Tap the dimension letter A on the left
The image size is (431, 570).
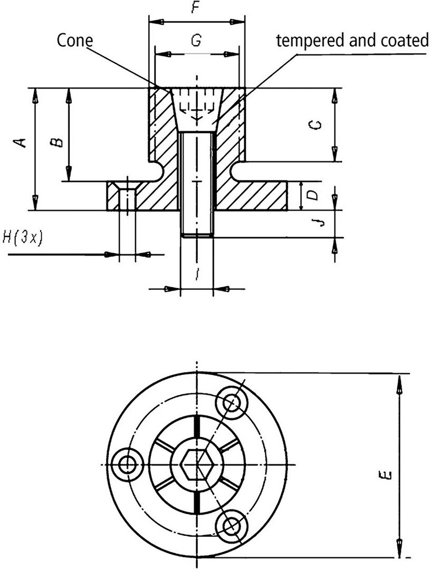22,142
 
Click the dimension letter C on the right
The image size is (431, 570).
314,125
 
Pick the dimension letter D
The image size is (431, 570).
313,196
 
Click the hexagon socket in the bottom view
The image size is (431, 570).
197,465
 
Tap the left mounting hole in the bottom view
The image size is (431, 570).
127,464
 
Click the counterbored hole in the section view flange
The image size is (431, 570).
127,197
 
